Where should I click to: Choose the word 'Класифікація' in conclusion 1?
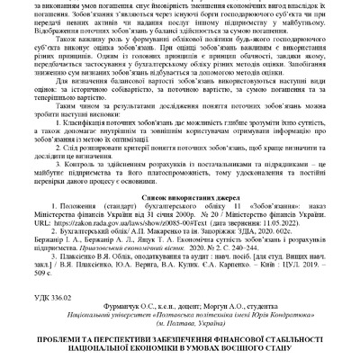(x=93, y=122)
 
